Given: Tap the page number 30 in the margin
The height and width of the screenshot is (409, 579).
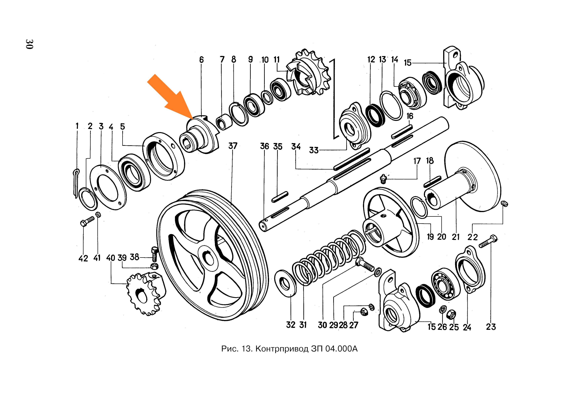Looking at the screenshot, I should coord(29,44).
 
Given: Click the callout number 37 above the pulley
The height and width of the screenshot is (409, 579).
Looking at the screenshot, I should coord(233,146).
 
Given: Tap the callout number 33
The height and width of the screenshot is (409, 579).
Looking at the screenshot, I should coord(314,150).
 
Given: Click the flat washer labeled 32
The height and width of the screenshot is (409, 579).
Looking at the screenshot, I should coord(286,283).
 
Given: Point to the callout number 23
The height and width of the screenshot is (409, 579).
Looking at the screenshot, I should coord(491,327).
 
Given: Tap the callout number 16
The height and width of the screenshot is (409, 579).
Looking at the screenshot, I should coord(410,116).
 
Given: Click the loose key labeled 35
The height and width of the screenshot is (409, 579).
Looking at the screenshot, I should coord(280,197).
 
